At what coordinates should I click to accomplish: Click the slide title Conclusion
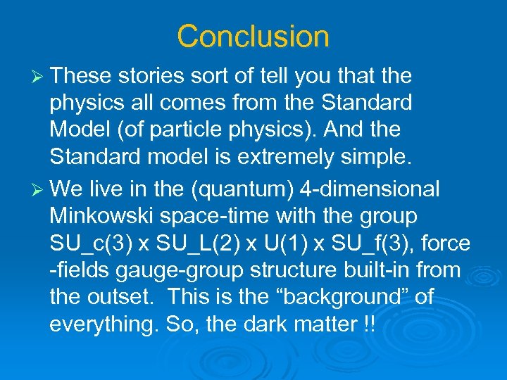click(253, 36)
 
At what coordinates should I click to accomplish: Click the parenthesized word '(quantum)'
click(249, 189)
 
